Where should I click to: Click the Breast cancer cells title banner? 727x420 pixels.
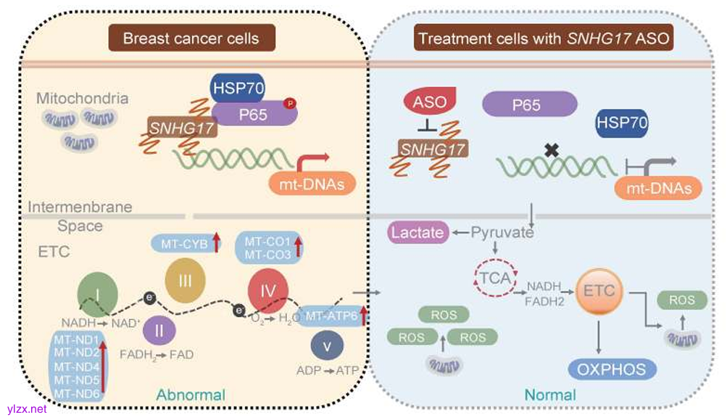click(191, 38)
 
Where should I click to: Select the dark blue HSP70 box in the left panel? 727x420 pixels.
click(238, 88)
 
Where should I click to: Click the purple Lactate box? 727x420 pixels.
click(419, 233)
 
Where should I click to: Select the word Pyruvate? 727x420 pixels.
click(502, 233)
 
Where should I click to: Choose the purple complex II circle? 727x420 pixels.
click(159, 331)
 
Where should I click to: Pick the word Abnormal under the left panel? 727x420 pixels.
click(190, 395)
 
